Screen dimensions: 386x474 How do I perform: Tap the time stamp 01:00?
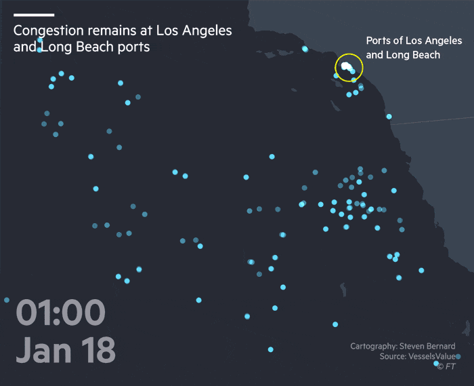coord(61,313)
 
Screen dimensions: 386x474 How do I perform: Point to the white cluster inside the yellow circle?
coord(347,66)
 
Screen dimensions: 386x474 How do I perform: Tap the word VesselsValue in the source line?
coord(431,357)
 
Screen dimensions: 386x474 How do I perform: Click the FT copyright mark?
coord(446,367)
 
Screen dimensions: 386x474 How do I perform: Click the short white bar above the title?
coord(34,14)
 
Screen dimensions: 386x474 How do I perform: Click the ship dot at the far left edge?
coord(7,300)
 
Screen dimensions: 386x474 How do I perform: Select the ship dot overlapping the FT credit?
coord(436,364)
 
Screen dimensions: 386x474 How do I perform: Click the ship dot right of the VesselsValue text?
coord(458,357)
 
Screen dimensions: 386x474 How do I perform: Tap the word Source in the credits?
coord(392,357)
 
